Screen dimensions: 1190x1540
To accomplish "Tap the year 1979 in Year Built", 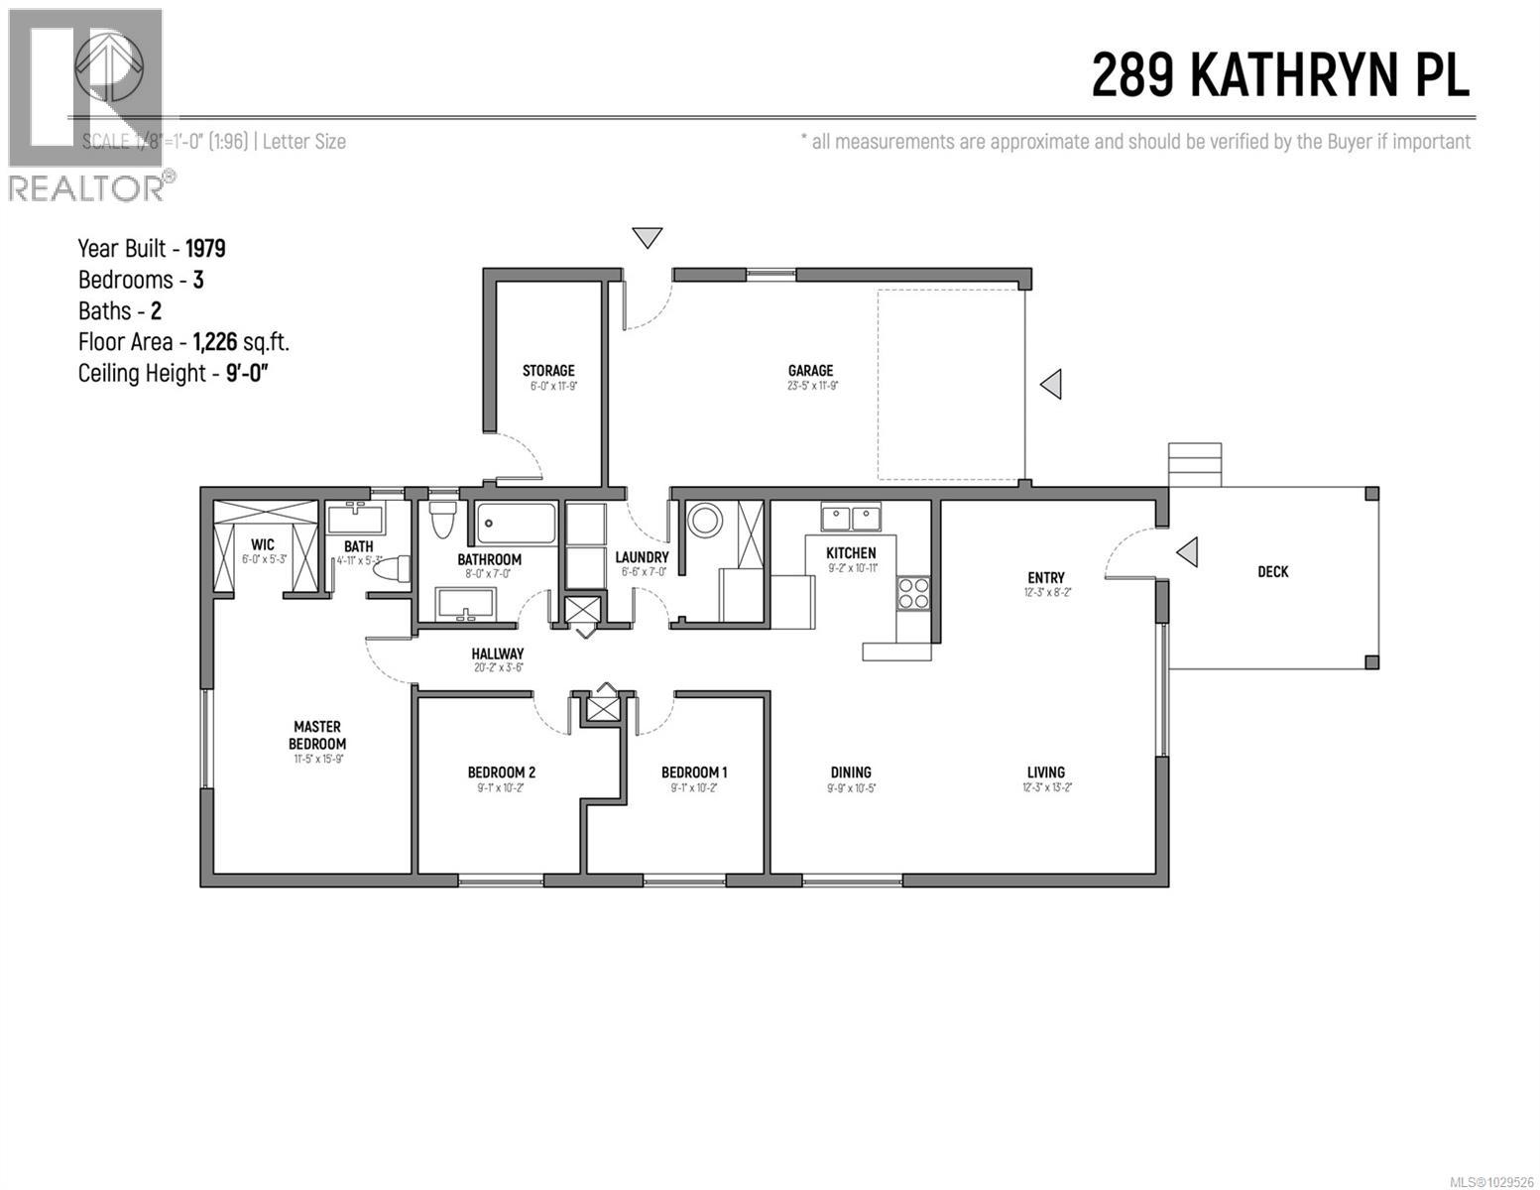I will point(205,248).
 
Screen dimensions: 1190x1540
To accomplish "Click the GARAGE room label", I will point(810,371).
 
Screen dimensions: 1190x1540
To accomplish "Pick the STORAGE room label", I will point(548,371).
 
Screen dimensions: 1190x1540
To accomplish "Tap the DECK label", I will point(1272,571).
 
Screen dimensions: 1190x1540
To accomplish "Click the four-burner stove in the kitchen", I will point(913,592).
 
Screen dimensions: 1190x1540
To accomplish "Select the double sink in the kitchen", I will point(851,517).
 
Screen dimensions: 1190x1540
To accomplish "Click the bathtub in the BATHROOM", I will point(515,523).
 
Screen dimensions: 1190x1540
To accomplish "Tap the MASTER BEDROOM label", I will point(317,735).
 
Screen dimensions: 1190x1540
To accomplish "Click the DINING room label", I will point(851,773).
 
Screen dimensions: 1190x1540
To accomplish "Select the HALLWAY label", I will point(497,654).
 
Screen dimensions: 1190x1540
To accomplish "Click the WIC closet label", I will point(263,544).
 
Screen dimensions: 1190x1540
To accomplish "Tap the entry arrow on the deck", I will point(1186,551).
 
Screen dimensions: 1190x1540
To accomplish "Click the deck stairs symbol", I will point(1195,464).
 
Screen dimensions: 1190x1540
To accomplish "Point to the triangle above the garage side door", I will point(648,237).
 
